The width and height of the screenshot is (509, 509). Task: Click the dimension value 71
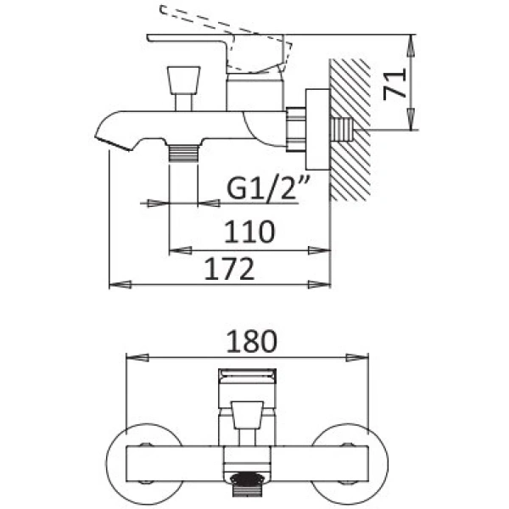point(394,84)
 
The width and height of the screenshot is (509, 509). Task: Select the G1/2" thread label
point(268,187)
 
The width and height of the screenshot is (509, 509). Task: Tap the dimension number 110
point(249,232)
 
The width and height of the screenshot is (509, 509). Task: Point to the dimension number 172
point(229,268)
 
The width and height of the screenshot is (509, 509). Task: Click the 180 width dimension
point(252,341)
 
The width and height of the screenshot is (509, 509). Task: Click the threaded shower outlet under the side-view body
point(183,153)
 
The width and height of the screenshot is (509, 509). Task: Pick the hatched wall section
point(350,129)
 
